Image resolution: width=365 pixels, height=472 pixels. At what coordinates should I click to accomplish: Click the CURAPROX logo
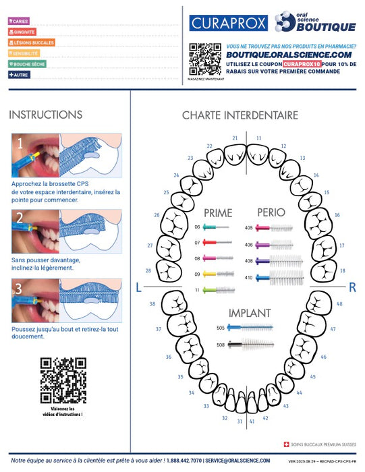coord(229,23)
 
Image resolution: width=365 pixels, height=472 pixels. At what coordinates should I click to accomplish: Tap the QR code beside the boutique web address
coord(205,59)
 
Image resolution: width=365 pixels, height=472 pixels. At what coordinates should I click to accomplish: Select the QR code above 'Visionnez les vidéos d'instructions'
coord(63,380)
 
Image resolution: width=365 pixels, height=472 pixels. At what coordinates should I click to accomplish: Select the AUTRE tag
coord(19,74)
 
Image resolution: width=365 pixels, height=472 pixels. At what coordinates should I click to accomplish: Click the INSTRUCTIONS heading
coord(46,115)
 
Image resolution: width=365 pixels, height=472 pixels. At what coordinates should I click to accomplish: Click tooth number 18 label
coord(343,270)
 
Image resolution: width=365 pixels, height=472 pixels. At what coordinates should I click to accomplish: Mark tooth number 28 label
coord(148,270)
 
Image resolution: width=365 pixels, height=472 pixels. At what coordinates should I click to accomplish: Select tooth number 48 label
coord(339,303)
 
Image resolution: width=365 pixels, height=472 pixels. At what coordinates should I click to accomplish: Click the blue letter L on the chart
coord(139,287)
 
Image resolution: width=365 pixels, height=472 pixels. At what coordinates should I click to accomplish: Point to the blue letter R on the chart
coord(352,287)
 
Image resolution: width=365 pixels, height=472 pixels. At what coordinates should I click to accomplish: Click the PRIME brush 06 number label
coord(198,227)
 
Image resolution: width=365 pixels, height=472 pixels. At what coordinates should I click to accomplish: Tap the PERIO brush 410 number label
coord(248,277)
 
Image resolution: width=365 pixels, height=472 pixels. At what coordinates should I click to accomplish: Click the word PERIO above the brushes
coord(266,213)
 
